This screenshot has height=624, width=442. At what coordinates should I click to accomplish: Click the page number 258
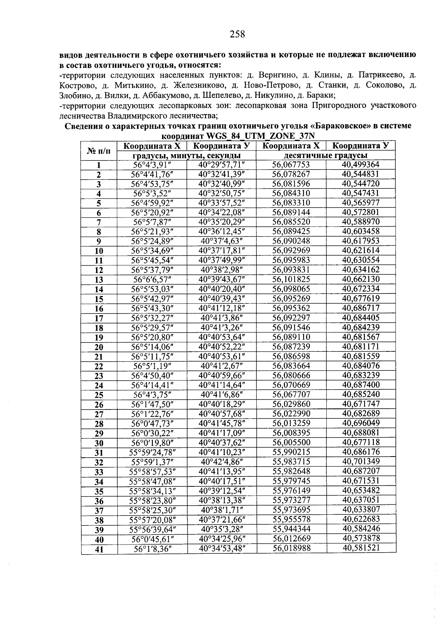[x=237, y=34]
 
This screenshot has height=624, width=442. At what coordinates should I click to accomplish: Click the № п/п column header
[x=99, y=151]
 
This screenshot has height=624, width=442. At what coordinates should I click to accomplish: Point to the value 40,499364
[x=360, y=164]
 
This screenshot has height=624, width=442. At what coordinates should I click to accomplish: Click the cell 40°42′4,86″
[x=222, y=462]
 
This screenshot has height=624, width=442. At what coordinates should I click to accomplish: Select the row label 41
[x=99, y=550]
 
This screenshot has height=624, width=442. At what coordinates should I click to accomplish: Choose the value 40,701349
[x=360, y=461]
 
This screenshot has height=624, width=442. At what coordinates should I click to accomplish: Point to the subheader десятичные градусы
[x=326, y=156]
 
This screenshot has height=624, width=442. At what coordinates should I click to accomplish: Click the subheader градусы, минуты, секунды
[x=187, y=156]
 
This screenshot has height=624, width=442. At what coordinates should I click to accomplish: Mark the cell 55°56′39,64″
[x=152, y=529]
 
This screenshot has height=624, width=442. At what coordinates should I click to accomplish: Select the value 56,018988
[x=291, y=548]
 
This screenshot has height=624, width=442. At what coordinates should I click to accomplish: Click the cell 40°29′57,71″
[x=222, y=164]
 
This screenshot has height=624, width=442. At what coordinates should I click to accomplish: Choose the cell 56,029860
[x=291, y=404]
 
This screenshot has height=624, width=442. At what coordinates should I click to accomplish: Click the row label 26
[x=99, y=405]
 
